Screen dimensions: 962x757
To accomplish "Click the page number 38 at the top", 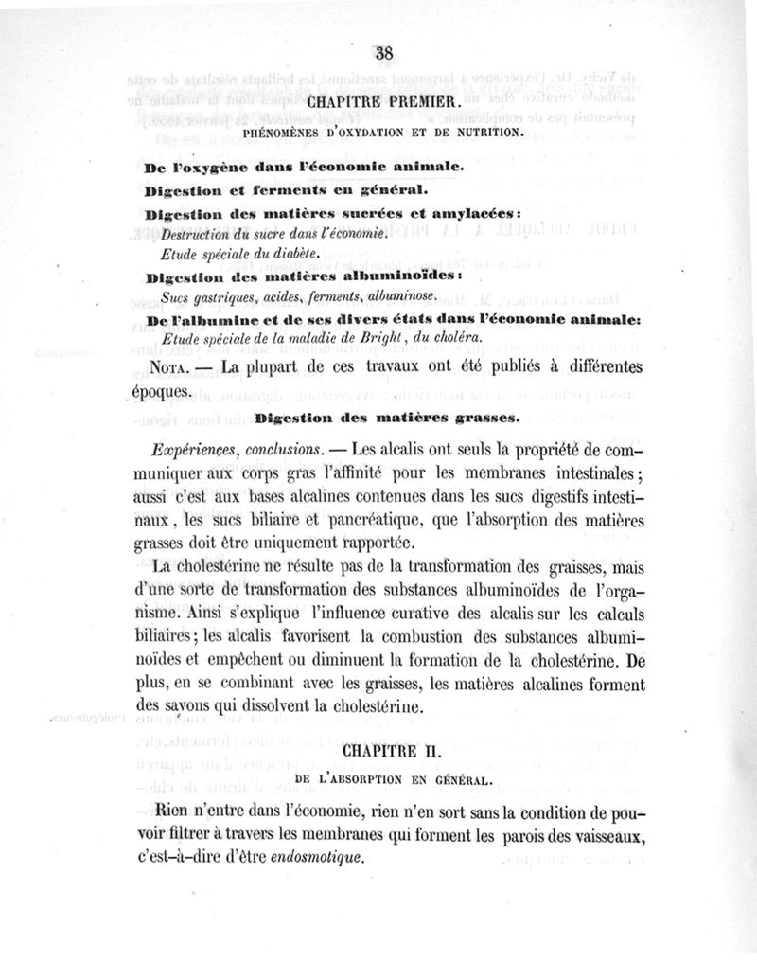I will coord(383,52).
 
